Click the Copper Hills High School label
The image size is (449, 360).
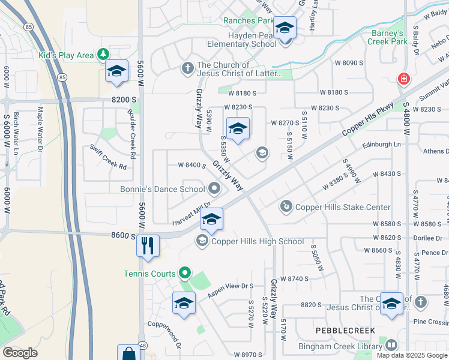[257, 241]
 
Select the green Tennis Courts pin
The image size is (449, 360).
[185, 274]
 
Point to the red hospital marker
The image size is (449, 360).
[404, 79]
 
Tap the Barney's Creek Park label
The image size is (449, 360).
[394, 37]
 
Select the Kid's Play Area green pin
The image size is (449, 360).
[103, 55]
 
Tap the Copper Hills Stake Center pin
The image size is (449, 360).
[286, 207]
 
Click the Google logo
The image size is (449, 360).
[19, 352]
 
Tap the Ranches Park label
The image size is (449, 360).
[248, 20]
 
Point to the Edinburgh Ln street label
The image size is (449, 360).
[382, 145]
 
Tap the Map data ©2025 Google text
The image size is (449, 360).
[411, 355]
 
